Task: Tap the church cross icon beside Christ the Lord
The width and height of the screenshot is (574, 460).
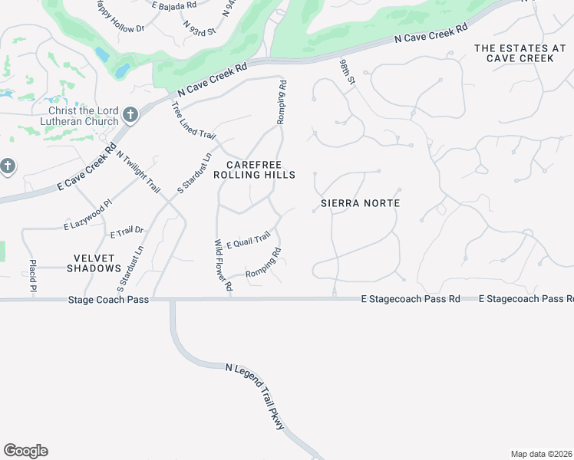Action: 130,115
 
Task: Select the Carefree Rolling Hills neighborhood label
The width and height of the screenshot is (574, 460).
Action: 254,170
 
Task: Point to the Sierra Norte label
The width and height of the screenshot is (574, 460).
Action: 361,203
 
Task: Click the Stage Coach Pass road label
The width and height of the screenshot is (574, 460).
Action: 108,300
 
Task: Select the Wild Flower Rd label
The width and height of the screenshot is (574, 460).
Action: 223,265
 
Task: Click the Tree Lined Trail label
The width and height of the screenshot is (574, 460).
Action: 193,122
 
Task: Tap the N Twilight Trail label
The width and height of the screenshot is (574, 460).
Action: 140,171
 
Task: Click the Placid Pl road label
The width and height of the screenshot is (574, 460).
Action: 34,274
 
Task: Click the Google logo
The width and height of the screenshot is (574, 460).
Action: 25,451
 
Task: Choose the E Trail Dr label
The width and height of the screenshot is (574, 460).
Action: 127,232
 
